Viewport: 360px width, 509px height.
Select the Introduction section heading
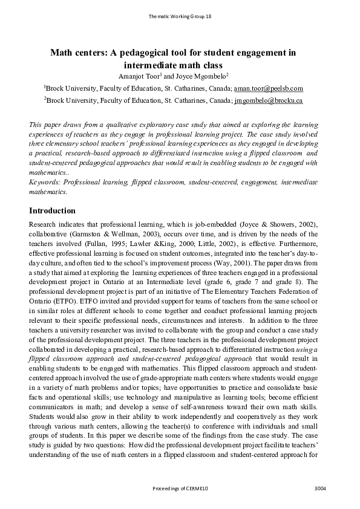(52, 211)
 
